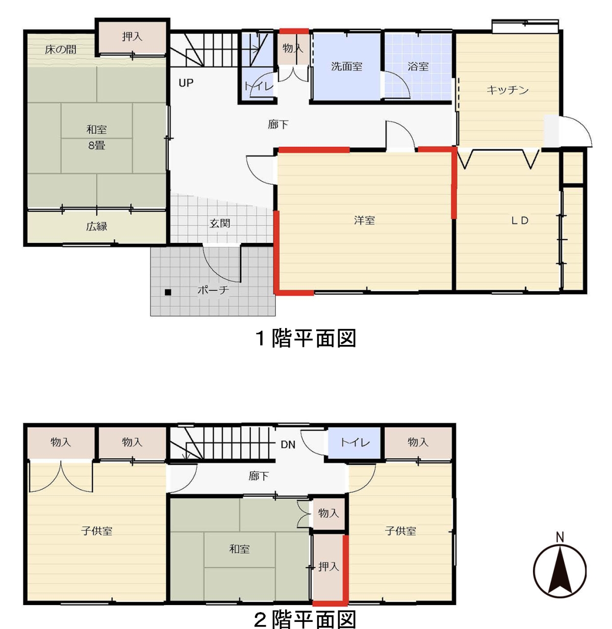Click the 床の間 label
click(61, 49)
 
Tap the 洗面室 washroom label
click(347, 67)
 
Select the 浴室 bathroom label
click(418, 67)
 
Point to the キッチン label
click(507, 90)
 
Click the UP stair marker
click(186, 83)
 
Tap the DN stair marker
click(288, 445)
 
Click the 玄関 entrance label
click(220, 223)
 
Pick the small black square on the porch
click(168, 292)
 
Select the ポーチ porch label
click(213, 290)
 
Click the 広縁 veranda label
click(96, 227)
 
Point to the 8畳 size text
click(96, 145)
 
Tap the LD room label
click(520, 220)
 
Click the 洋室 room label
click(365, 220)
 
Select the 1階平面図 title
click(305, 338)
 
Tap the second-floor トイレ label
click(355, 442)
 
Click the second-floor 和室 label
click(239, 549)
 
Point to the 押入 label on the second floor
click(328, 566)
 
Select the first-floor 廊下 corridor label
click(278, 124)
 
